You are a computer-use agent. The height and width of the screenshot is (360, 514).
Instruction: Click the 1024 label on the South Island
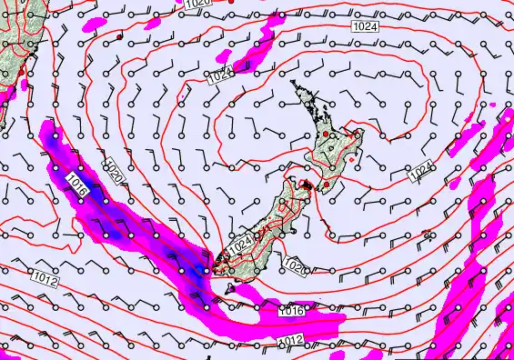pyautogui.click(x=239, y=244)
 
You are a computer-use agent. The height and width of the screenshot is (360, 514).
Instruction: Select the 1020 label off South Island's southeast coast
pyautogui.click(x=294, y=265)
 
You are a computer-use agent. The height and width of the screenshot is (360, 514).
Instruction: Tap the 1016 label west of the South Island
pyautogui.click(x=76, y=190)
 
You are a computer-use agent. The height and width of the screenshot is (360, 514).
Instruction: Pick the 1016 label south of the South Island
pyautogui.click(x=290, y=312)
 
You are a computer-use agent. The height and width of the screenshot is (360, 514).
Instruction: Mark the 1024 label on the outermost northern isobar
pyautogui.click(x=363, y=28)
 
